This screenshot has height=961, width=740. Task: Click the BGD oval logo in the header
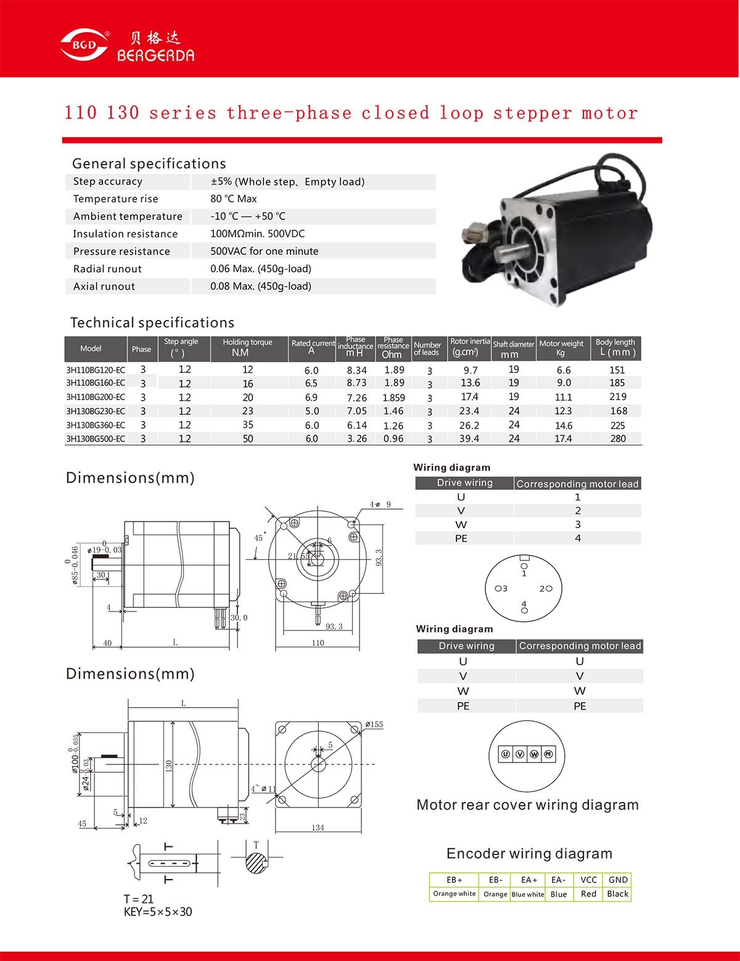[84, 45]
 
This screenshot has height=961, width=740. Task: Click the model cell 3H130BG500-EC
[96, 439]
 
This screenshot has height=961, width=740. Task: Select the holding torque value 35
[248, 425]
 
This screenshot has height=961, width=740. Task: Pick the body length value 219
[617, 397]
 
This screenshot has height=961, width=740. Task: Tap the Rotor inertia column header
[469, 347]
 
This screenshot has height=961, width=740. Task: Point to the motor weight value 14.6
[563, 425]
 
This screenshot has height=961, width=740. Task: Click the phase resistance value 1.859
[393, 398]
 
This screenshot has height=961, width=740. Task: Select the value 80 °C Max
[233, 198]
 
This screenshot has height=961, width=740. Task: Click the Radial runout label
[107, 269]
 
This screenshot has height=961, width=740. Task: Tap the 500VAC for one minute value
[264, 251]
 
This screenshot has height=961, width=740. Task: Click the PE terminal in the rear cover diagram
[548, 754]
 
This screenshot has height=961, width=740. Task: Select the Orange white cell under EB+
[454, 894]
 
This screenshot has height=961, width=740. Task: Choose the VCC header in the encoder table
[588, 880]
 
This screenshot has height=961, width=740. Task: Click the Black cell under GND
[617, 894]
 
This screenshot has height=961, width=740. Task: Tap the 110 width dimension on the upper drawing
[318, 642]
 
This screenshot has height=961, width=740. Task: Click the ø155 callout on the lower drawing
[374, 724]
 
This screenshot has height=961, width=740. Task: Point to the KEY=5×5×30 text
[158, 912]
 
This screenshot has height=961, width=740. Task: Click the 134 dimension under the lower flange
[318, 827]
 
